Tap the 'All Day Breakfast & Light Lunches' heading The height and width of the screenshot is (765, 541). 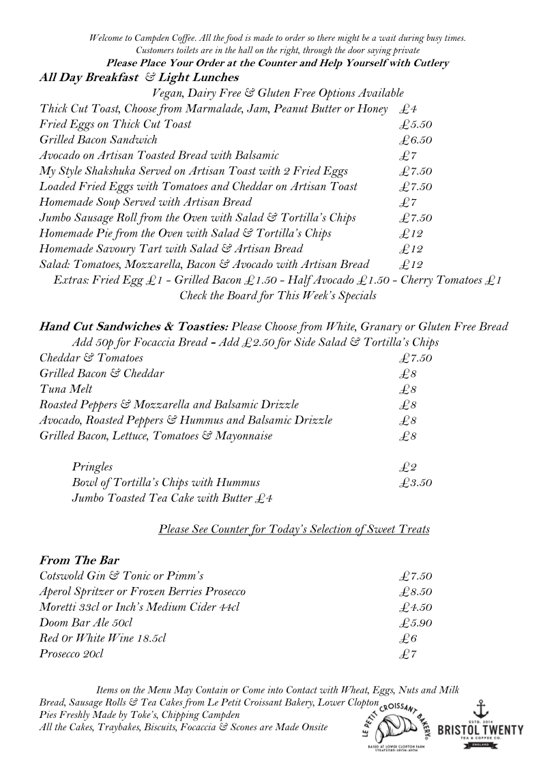click(x=139, y=78)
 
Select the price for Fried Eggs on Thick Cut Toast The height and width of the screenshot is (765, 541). click(x=416, y=124)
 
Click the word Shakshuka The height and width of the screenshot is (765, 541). click(x=113, y=171)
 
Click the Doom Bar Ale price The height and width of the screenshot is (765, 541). click(x=416, y=622)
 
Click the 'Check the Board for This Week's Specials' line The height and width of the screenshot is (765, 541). click(x=278, y=296)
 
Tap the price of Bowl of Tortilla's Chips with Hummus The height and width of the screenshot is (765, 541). click(x=416, y=483)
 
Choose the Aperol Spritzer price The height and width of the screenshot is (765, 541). click(x=416, y=591)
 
